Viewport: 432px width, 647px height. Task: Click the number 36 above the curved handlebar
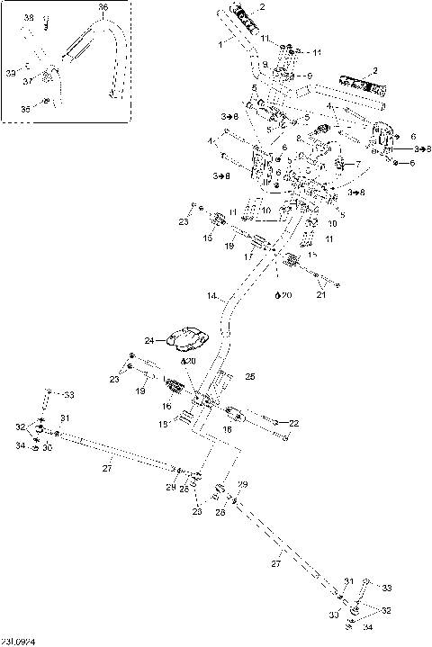(102, 7)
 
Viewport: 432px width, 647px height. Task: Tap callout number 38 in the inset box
(29, 18)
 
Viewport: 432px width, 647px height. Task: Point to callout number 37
(28, 81)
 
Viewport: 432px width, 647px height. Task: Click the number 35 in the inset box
(24, 108)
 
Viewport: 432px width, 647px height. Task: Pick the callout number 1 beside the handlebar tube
(220, 42)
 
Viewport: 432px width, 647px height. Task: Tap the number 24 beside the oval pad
(149, 340)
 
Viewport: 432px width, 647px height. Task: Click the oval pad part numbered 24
(191, 337)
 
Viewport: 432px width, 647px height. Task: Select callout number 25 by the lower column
(250, 375)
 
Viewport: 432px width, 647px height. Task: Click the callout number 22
(294, 423)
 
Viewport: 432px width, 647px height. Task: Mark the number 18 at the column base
(163, 424)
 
